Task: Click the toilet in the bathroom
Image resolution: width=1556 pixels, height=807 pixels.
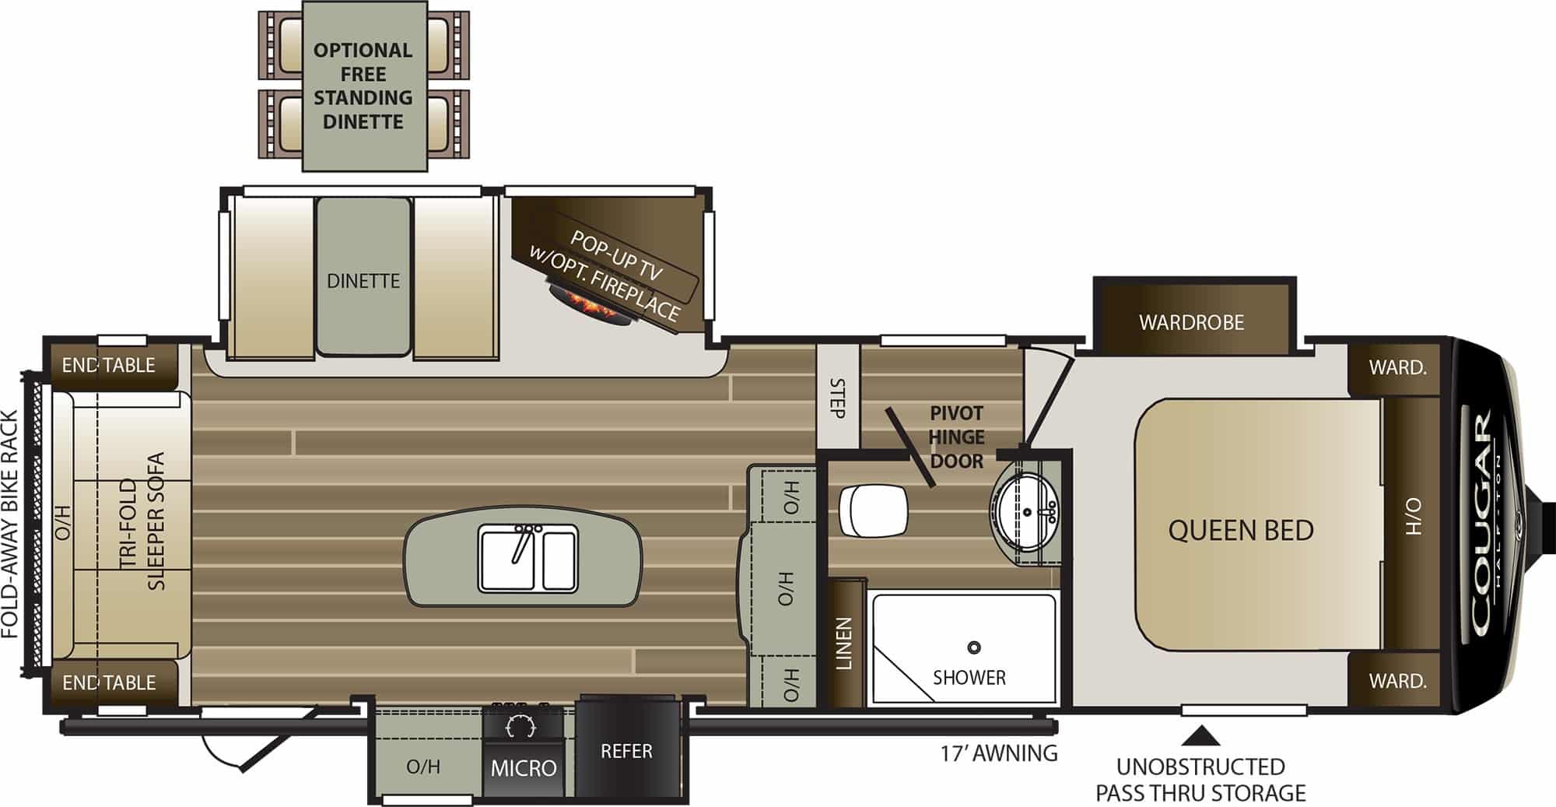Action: click(874, 511)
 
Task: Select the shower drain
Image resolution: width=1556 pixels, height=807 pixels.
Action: click(973, 647)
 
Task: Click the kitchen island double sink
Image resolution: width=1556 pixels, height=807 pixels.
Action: click(527, 558)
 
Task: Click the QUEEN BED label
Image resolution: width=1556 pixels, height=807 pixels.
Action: click(1241, 531)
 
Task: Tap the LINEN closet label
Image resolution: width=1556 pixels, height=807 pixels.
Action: click(844, 644)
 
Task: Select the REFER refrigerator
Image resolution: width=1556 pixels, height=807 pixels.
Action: click(626, 746)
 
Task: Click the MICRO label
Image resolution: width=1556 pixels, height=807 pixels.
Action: click(524, 769)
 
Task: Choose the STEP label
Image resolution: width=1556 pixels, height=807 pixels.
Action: click(837, 398)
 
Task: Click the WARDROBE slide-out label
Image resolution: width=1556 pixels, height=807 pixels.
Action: click(1191, 322)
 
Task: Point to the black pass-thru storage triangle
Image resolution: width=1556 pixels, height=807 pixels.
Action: click(1203, 736)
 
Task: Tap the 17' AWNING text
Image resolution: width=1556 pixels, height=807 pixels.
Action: click(999, 753)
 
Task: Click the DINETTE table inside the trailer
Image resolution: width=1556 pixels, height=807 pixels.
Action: click(363, 277)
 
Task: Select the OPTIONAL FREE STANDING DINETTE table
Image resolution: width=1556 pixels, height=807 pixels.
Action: click(363, 86)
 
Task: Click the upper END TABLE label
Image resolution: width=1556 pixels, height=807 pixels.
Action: click(109, 365)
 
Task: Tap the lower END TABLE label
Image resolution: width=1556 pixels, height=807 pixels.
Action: click(109, 682)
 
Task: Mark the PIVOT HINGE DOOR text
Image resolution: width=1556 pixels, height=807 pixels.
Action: click(957, 437)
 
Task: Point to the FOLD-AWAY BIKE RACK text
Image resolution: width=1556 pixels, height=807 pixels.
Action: click(10, 525)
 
